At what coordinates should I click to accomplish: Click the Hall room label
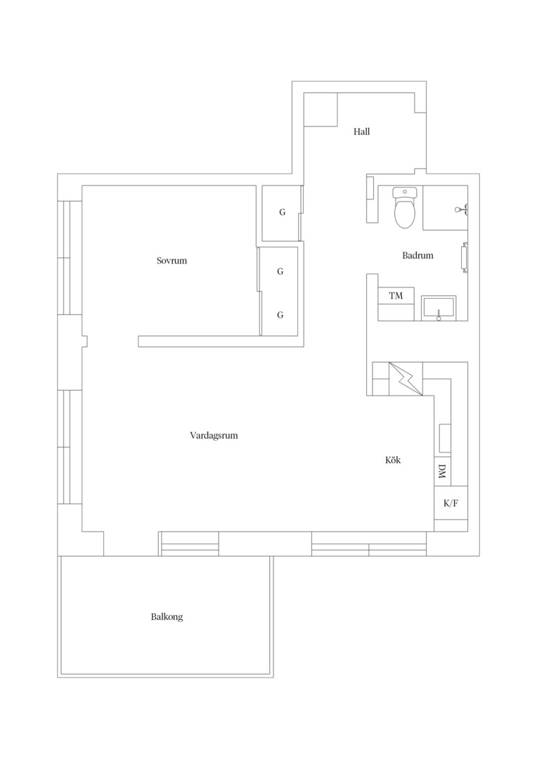tap(361, 131)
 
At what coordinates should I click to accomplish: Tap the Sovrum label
tap(172, 261)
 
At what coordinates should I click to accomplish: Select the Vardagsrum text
tap(214, 435)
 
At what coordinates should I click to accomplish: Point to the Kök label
tap(393, 460)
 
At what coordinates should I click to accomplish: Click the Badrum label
tap(418, 255)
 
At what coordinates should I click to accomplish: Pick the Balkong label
tap(167, 617)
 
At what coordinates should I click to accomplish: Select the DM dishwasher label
tap(441, 472)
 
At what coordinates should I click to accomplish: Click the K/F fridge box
tap(451, 503)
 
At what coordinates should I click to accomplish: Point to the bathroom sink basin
tap(438, 309)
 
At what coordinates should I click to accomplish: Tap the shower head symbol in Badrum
tap(460, 209)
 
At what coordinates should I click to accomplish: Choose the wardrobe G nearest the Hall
tap(283, 212)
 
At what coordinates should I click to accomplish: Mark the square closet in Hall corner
tap(320, 110)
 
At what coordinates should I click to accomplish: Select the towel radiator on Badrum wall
tap(465, 257)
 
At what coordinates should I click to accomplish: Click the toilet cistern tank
tap(405, 192)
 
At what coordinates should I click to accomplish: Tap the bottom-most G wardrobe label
tap(280, 315)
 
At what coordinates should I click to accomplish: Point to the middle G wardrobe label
tap(280, 271)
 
